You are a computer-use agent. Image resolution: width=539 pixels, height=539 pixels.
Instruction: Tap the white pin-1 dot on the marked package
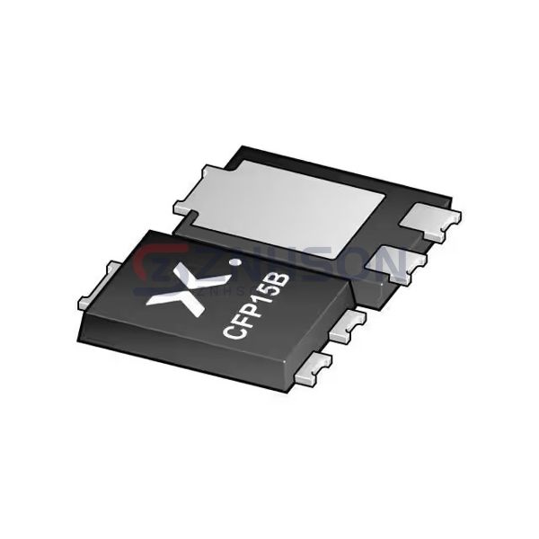pos(236,264)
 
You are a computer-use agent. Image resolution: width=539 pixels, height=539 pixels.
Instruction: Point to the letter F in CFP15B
pos(242,323)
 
